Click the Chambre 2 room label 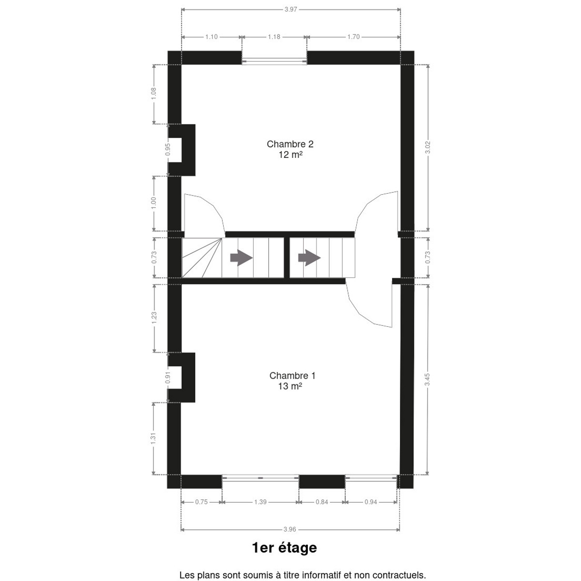point(290,144)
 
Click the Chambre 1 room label point(292,376)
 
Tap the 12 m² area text point(290,154)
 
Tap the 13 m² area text point(290,386)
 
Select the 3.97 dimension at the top point(290,10)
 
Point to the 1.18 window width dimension point(274,37)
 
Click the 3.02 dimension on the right point(427,147)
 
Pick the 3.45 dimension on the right point(427,379)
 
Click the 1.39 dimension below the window point(260,502)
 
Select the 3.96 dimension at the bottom point(290,529)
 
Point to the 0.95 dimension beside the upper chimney point(168,149)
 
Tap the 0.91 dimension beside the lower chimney point(168,378)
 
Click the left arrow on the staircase point(241,258)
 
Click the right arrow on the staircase point(309,258)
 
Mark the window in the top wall point(275,61)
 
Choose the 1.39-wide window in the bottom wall point(260,477)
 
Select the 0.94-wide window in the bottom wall point(371,477)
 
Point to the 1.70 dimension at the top point(353,37)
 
